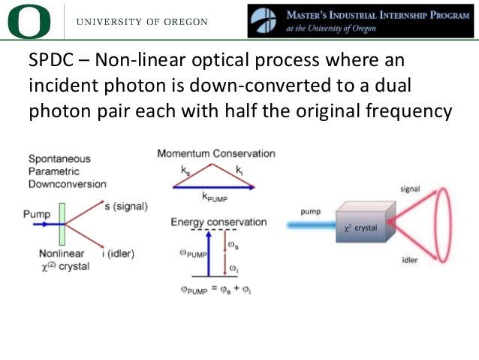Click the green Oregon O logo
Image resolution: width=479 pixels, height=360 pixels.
tap(29, 21)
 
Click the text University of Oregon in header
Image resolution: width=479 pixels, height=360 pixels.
tap(142, 22)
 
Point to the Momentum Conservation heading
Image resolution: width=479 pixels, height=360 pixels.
tap(215, 153)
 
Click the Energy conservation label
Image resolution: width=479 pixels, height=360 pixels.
tap(218, 222)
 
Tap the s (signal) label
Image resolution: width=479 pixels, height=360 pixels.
tap(125, 207)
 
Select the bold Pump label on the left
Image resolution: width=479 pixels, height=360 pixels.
tap(38, 214)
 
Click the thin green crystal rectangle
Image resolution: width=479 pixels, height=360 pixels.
tap(62, 224)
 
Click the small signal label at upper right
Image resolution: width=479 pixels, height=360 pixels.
tap(410, 189)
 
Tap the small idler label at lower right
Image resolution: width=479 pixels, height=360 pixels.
tap(409, 260)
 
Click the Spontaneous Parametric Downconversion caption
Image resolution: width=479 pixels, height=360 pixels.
tap(67, 171)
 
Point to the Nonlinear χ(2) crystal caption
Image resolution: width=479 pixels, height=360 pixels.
tap(65, 260)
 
